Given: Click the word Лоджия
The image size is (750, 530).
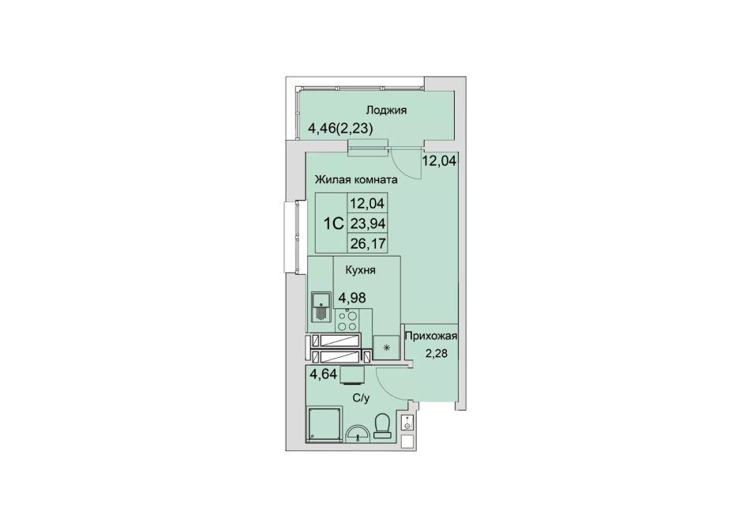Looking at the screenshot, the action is pos(386,111).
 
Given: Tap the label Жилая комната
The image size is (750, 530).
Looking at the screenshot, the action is pos(356,180).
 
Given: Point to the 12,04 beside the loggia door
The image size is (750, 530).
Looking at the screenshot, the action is pos(439,160).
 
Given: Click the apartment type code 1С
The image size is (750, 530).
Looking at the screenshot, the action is pos(334,224).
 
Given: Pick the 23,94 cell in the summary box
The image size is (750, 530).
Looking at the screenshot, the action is pos(367,224).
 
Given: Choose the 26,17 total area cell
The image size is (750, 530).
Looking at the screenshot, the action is pos(367,243).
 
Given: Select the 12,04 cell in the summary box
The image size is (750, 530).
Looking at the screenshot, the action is pos(367,204).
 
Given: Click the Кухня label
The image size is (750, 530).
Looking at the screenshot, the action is pos(360,270).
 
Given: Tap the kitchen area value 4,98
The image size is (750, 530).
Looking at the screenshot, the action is pos(352,298).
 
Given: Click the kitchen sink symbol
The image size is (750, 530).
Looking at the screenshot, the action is pos(321,307).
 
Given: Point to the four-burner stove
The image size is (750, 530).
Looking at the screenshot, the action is pos(347,321).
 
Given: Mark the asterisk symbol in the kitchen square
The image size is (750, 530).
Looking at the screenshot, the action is pos(386,347).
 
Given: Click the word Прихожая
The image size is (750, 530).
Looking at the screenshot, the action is pos(431,336).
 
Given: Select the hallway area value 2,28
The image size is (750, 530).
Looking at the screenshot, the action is pos(436,355).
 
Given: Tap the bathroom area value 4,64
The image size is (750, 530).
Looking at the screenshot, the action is pos(324,374).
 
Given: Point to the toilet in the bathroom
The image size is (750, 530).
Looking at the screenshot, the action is pos(383,427).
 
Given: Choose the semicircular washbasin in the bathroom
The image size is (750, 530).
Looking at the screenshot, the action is pos(358,433).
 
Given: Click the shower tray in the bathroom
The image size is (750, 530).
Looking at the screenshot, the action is pos(324,424).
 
